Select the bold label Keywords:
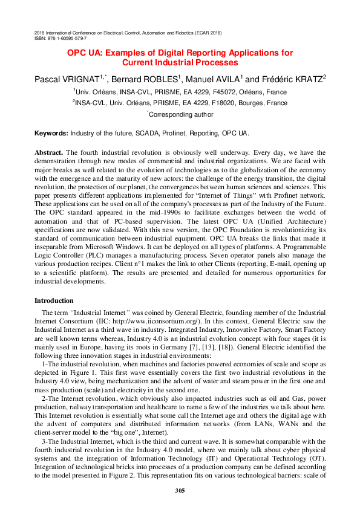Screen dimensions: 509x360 [51, 133]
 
